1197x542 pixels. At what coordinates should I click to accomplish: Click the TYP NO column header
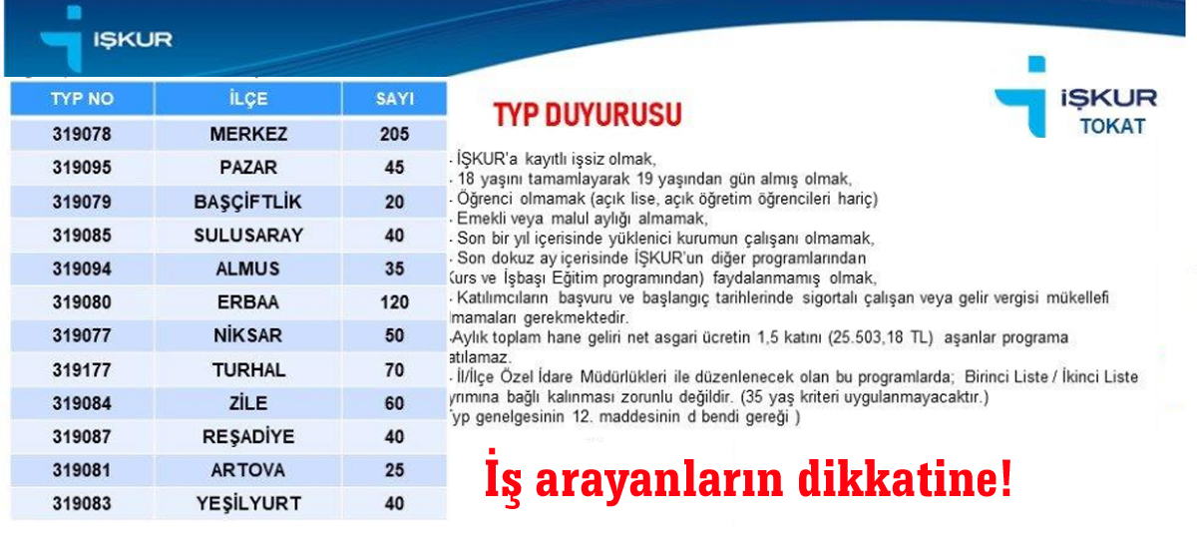(x=82, y=99)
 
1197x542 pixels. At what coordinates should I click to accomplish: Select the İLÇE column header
(x=248, y=99)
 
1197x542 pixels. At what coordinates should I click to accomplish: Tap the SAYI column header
(x=395, y=99)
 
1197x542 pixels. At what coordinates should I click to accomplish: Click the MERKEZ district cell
(x=248, y=134)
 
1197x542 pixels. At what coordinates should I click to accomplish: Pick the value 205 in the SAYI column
(x=395, y=134)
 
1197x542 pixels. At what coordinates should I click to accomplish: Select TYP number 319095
(x=82, y=168)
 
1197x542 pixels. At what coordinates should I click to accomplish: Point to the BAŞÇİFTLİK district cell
(x=248, y=202)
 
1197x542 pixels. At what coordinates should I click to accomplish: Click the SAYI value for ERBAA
(x=395, y=302)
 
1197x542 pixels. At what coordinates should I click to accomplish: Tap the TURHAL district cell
(x=248, y=370)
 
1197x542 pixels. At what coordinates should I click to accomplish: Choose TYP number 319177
(x=82, y=370)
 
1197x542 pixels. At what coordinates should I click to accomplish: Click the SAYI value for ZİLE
(x=395, y=403)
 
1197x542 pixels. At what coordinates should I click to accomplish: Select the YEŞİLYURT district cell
(x=248, y=504)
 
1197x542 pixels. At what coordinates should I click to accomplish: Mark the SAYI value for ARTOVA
(x=395, y=470)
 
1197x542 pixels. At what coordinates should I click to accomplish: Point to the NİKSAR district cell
(x=248, y=336)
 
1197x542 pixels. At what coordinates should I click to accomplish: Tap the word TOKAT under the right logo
(x=1112, y=127)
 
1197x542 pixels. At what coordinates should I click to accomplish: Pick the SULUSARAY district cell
(x=248, y=236)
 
